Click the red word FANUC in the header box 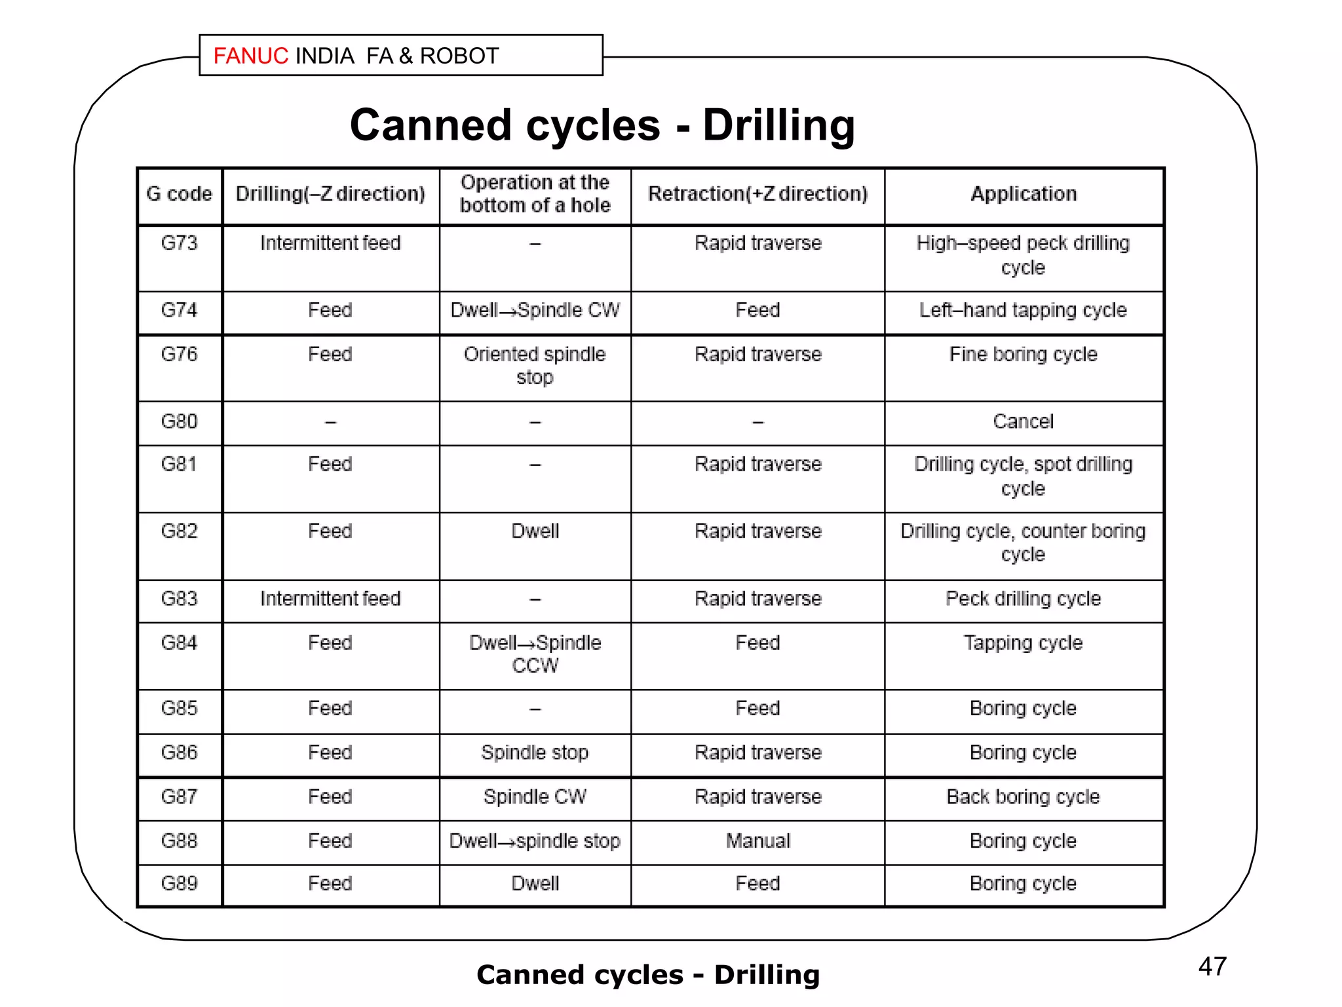click(250, 56)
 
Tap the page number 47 click(1212, 966)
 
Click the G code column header click(179, 194)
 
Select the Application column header click(1024, 194)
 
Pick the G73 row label click(179, 243)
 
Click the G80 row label click(179, 422)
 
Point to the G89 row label click(179, 884)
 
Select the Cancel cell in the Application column click(1023, 422)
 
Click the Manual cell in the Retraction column click(757, 841)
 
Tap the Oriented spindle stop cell click(535, 366)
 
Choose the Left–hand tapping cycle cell click(1023, 310)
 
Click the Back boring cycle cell click(1023, 797)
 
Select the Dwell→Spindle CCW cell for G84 click(535, 654)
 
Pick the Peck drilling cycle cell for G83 click(1023, 599)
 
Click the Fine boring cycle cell click(1023, 355)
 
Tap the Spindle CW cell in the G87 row click(535, 797)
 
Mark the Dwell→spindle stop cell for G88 click(535, 841)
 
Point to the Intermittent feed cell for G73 click(330, 243)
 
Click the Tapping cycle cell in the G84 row click(1023, 643)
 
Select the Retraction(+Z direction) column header click(757, 194)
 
